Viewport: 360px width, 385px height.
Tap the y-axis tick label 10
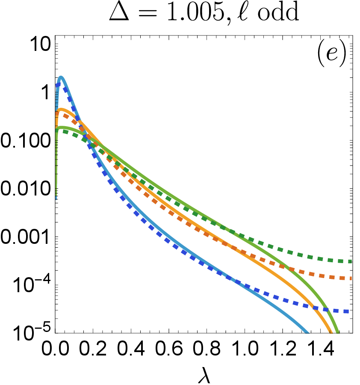(x=40, y=44)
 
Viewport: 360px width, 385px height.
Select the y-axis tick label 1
(x=46, y=92)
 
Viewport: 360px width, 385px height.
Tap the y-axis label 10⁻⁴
(x=32, y=284)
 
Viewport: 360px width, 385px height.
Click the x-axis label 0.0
(x=55, y=348)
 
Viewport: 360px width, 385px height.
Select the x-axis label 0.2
(x=93, y=348)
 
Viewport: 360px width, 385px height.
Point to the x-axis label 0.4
(x=131, y=348)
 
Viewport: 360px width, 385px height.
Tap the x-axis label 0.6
(x=169, y=348)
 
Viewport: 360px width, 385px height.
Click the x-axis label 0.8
(x=207, y=348)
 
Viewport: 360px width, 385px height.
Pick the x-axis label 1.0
(x=245, y=348)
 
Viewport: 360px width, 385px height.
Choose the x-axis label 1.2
(x=283, y=348)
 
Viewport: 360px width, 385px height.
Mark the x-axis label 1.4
(x=320, y=348)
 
